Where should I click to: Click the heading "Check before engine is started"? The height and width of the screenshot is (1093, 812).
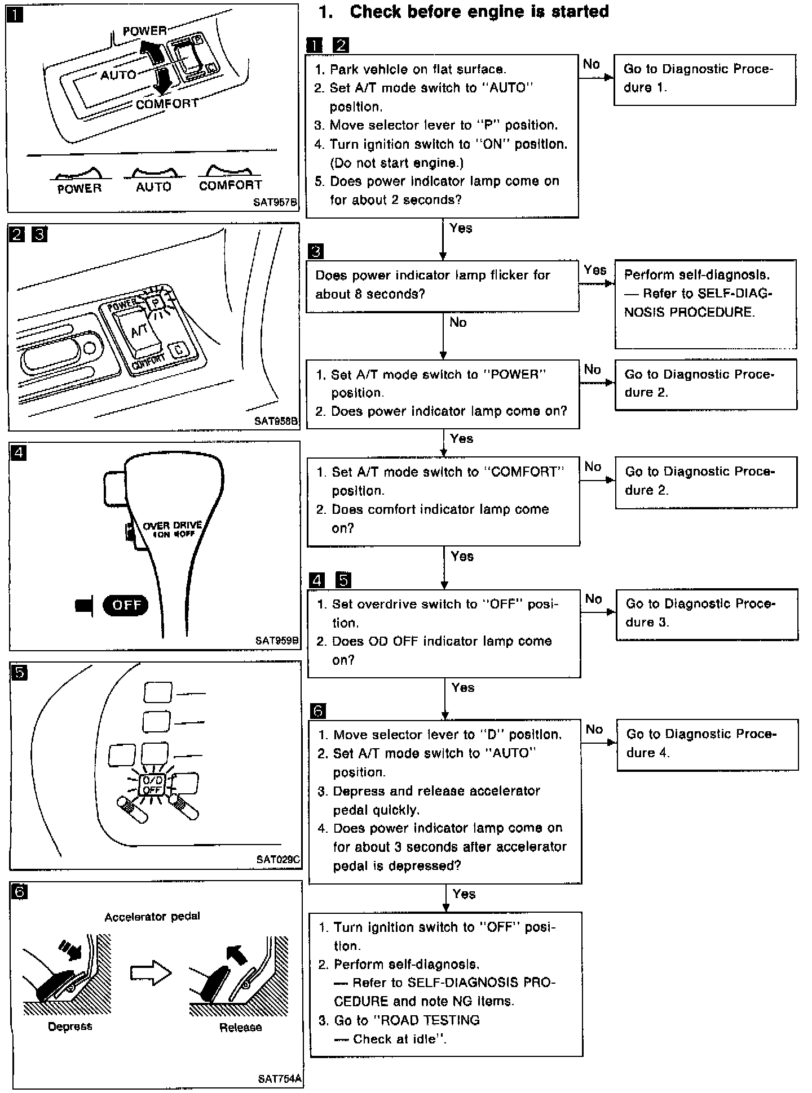coord(479,12)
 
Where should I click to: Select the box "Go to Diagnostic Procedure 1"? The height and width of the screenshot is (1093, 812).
coord(704,79)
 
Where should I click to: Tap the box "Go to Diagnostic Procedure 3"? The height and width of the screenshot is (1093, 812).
coord(707,614)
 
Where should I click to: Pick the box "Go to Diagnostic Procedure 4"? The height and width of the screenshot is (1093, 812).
coord(707,744)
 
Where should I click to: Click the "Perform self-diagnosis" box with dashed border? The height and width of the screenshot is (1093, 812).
coord(705,304)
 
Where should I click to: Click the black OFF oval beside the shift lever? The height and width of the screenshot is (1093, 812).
coord(126,605)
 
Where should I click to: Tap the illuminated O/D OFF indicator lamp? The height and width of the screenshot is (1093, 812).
coord(152,785)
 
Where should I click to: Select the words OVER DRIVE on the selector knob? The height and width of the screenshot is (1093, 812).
coord(172,525)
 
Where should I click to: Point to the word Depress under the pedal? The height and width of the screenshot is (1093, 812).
coord(70,1027)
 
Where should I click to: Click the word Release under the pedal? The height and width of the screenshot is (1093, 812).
coord(241,1027)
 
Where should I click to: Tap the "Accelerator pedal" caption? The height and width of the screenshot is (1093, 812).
coord(152,917)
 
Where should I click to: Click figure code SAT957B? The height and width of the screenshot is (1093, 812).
coord(275,202)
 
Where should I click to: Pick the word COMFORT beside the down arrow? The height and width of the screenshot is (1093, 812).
coord(167,104)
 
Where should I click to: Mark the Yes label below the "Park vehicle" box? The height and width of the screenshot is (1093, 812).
coord(461,228)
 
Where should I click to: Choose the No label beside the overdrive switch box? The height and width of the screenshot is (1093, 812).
coord(593,599)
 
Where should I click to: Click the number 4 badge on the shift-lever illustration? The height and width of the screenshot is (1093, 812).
coord(19,452)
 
